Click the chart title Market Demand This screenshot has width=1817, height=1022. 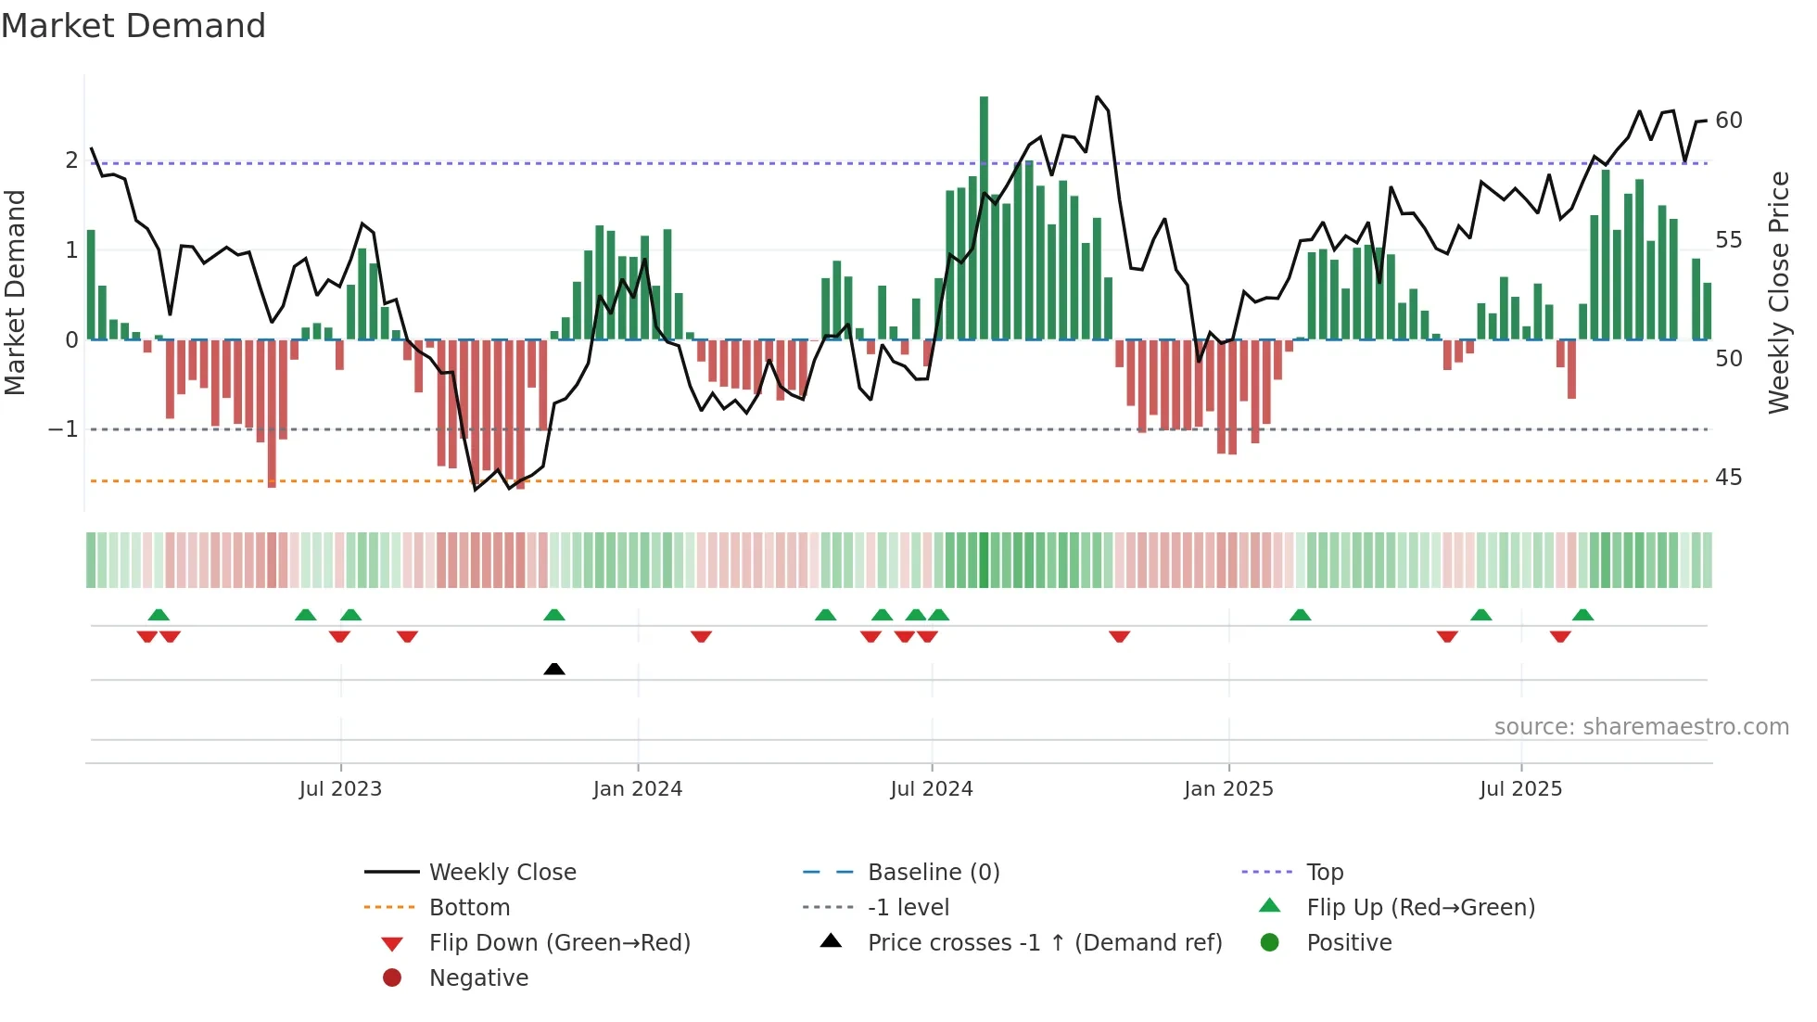[133, 26]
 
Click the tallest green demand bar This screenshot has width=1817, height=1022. [984, 218]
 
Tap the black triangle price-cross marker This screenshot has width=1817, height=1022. [554, 669]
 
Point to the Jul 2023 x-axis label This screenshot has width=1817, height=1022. [340, 789]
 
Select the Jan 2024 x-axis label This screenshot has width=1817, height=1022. [638, 789]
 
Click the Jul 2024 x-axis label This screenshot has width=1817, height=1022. [932, 789]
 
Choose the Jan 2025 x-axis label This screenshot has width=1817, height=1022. [1228, 789]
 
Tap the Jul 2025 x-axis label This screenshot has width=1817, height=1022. [1520, 789]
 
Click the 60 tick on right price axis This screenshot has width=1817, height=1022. [1729, 121]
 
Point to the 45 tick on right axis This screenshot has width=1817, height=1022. [1729, 478]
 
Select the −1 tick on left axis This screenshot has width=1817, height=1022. [63, 429]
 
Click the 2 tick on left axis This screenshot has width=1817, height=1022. [71, 160]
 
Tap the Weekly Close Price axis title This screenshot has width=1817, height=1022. [1778, 292]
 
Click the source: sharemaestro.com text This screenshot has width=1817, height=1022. [1641, 727]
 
